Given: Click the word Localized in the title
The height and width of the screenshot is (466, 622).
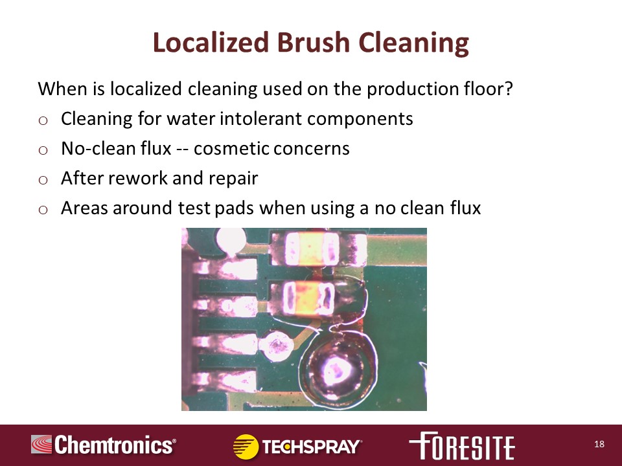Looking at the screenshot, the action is click(x=211, y=42).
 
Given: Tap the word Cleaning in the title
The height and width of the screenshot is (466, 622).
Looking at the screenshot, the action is click(x=414, y=43).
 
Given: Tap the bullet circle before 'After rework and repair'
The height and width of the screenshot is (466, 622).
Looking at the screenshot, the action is click(x=43, y=180).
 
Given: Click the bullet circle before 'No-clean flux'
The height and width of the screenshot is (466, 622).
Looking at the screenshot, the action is click(x=43, y=150).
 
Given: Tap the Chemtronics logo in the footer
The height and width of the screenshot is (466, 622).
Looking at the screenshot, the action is click(x=104, y=445).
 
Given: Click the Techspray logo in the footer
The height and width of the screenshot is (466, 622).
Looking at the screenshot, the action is click(x=297, y=446).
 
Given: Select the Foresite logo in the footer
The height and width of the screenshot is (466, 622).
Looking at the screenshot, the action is click(x=462, y=445).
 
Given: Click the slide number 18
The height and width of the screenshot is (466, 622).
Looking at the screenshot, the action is click(x=599, y=444).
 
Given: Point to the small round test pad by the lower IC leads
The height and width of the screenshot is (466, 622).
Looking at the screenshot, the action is click(x=277, y=346).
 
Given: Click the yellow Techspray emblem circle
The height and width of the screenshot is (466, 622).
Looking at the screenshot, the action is click(x=246, y=447).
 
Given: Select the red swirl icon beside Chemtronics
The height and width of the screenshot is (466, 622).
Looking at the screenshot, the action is click(x=41, y=444).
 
